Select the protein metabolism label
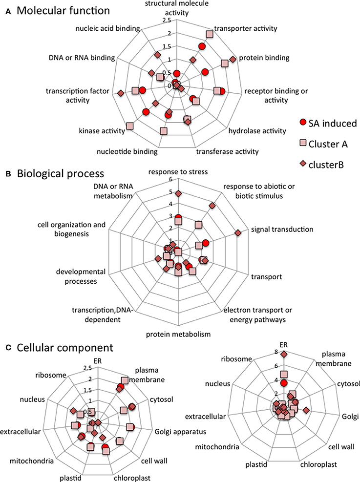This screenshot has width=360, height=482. pyautogui.click(x=180, y=335)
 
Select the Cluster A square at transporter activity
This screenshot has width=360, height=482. pyautogui.click(x=209, y=34)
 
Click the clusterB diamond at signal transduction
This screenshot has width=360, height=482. pyautogui.click(x=238, y=233)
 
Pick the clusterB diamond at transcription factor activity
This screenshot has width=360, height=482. pyautogui.click(x=120, y=93)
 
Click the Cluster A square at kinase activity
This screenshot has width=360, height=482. pyautogui.click(x=130, y=126)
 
